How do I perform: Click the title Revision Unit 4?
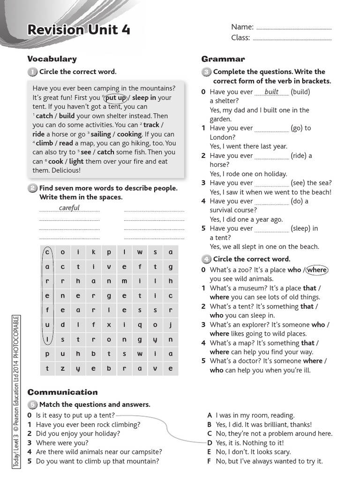[x=79, y=30]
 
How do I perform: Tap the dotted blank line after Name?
[x=294, y=27]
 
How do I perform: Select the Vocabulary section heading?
[x=52, y=59]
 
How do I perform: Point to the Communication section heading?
[x=62, y=392]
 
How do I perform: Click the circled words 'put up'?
[x=115, y=98]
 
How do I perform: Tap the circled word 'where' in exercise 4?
[x=317, y=270]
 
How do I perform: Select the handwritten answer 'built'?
[x=271, y=92]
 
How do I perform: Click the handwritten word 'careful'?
[x=69, y=208]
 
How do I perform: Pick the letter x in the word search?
[x=109, y=324]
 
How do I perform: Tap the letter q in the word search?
[x=140, y=324]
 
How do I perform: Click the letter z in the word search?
[x=62, y=368]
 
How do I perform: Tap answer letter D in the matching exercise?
[x=210, y=443]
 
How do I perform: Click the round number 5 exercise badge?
[x=32, y=405]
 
